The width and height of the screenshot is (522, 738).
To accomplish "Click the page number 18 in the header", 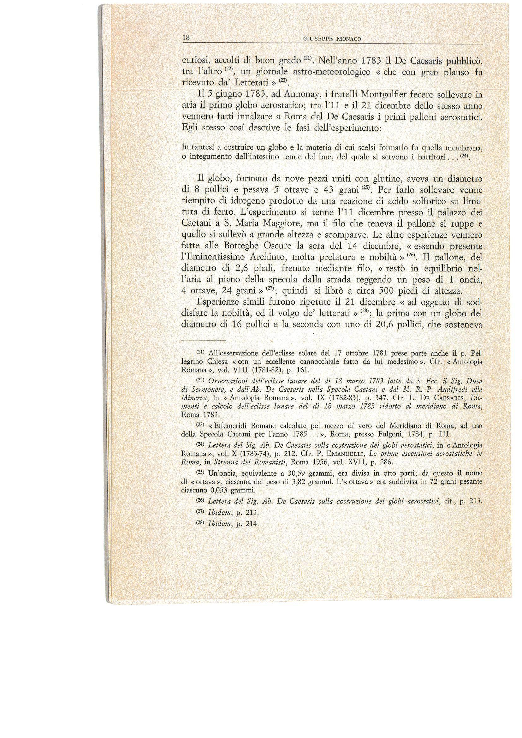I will (186, 38).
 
